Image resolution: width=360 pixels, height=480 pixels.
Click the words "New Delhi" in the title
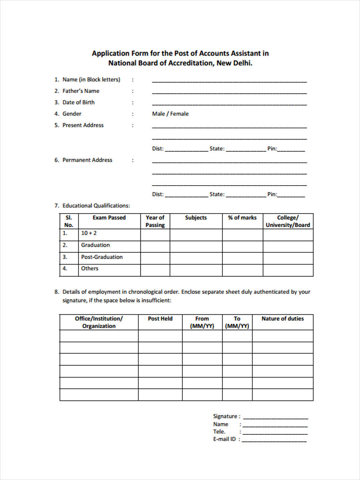click(x=234, y=63)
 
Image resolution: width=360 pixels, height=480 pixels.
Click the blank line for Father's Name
click(x=229, y=92)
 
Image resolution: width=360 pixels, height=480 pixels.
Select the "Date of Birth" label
click(x=78, y=102)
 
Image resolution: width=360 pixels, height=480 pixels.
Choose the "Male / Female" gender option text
click(x=170, y=114)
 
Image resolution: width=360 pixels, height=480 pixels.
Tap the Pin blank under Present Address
click(x=291, y=150)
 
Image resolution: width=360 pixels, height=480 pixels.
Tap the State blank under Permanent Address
click(x=246, y=195)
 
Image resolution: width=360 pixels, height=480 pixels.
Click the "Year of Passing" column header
click(x=155, y=221)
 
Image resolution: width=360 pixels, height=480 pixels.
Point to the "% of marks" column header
click(x=242, y=218)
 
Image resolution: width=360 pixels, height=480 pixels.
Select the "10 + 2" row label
click(x=89, y=233)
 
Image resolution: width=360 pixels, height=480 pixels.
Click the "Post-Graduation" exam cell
click(x=102, y=257)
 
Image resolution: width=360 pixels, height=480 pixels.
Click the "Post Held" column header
click(x=160, y=319)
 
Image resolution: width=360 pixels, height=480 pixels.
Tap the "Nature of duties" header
click(x=282, y=319)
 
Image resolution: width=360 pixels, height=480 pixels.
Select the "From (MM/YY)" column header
click(x=202, y=322)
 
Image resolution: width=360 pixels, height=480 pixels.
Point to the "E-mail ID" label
click(x=224, y=439)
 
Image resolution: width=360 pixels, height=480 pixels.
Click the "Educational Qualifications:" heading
click(x=96, y=206)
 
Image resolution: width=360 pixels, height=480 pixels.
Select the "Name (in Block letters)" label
click(x=91, y=80)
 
